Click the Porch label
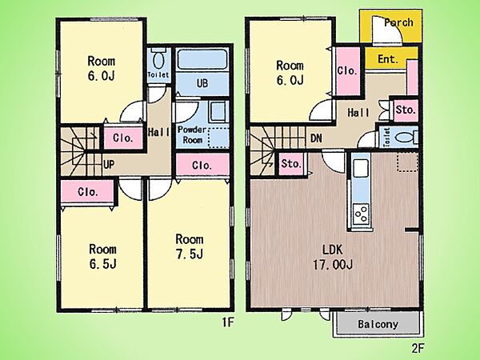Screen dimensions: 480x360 (398, 22)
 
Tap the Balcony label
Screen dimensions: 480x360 (378, 324)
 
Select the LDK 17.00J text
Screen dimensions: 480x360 (333, 257)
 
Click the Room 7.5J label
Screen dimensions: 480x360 (190, 246)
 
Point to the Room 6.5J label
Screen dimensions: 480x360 (102, 257)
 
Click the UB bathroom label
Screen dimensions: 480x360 (202, 83)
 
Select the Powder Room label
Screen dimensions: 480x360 (192, 134)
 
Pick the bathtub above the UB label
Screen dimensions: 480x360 (202, 58)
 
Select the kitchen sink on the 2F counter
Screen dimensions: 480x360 (361, 168)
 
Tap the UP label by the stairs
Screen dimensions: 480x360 (109, 164)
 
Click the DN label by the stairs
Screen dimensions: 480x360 (316, 138)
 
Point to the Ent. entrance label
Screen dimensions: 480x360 (387, 58)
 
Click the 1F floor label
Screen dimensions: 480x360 (228, 322)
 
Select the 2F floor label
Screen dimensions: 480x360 (418, 348)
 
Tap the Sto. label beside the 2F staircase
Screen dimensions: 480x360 (291, 164)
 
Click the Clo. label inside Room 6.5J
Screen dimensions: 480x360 (88, 192)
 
